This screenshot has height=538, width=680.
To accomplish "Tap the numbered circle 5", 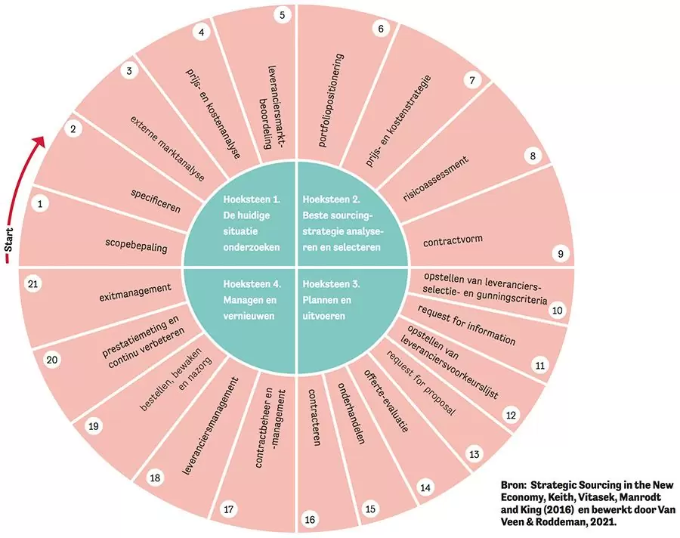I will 282,14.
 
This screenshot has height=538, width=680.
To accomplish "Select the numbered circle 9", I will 561,254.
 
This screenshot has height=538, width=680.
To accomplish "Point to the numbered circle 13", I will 474,455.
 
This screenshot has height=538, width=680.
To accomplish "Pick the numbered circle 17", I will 228,509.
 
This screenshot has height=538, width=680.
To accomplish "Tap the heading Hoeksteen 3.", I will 329,285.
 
